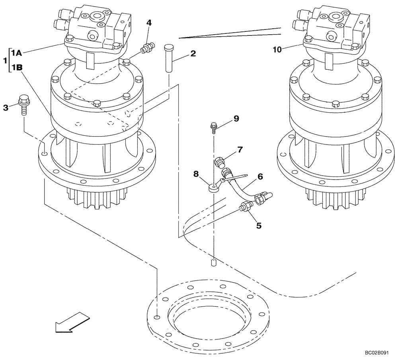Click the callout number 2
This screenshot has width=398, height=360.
pyautogui.click(x=193, y=53)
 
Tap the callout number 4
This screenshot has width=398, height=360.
pyautogui.click(x=148, y=23)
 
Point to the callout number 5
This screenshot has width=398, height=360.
pyautogui.click(x=259, y=225)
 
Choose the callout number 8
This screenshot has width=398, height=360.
pyautogui.click(x=195, y=174)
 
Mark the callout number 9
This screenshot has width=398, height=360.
pyautogui.click(x=236, y=118)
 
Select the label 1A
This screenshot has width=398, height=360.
pyautogui.click(x=16, y=53)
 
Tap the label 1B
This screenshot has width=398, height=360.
pyautogui.click(x=16, y=68)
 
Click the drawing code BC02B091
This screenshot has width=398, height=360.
pyautogui.click(x=378, y=353)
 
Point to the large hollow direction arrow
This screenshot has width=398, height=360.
pyautogui.click(x=72, y=322)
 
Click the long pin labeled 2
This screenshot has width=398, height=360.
pyautogui.click(x=168, y=58)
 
